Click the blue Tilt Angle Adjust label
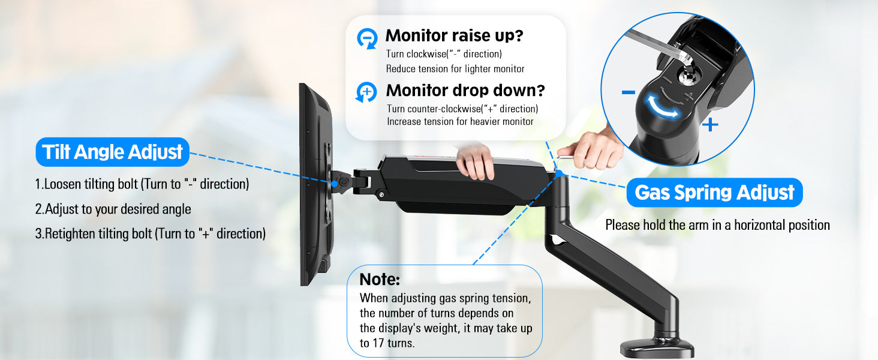point(112,152)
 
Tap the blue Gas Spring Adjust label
point(714,193)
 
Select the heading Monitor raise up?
point(454,36)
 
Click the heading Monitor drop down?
point(465,91)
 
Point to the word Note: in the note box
point(380,280)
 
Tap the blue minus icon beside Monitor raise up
point(366,38)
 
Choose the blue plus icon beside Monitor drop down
point(366,92)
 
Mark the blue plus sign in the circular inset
point(710,125)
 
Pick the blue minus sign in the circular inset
point(629,92)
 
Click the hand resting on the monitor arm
point(476,160)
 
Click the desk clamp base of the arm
point(657,347)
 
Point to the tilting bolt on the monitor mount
point(342,180)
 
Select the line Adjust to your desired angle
point(113,209)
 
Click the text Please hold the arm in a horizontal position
point(717,225)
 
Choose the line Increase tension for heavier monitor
point(460,122)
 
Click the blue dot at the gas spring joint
point(558,173)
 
